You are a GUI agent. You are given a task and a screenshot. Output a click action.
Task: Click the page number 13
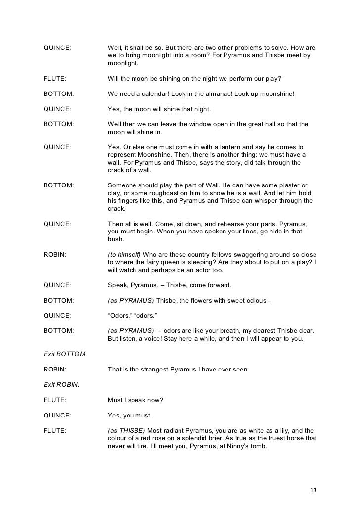point(312,490)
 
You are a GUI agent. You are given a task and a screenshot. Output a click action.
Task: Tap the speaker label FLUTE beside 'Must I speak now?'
point(55,400)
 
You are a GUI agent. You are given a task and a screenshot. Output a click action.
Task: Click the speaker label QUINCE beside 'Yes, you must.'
point(57,415)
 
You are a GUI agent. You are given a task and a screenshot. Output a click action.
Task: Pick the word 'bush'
point(116,239)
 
